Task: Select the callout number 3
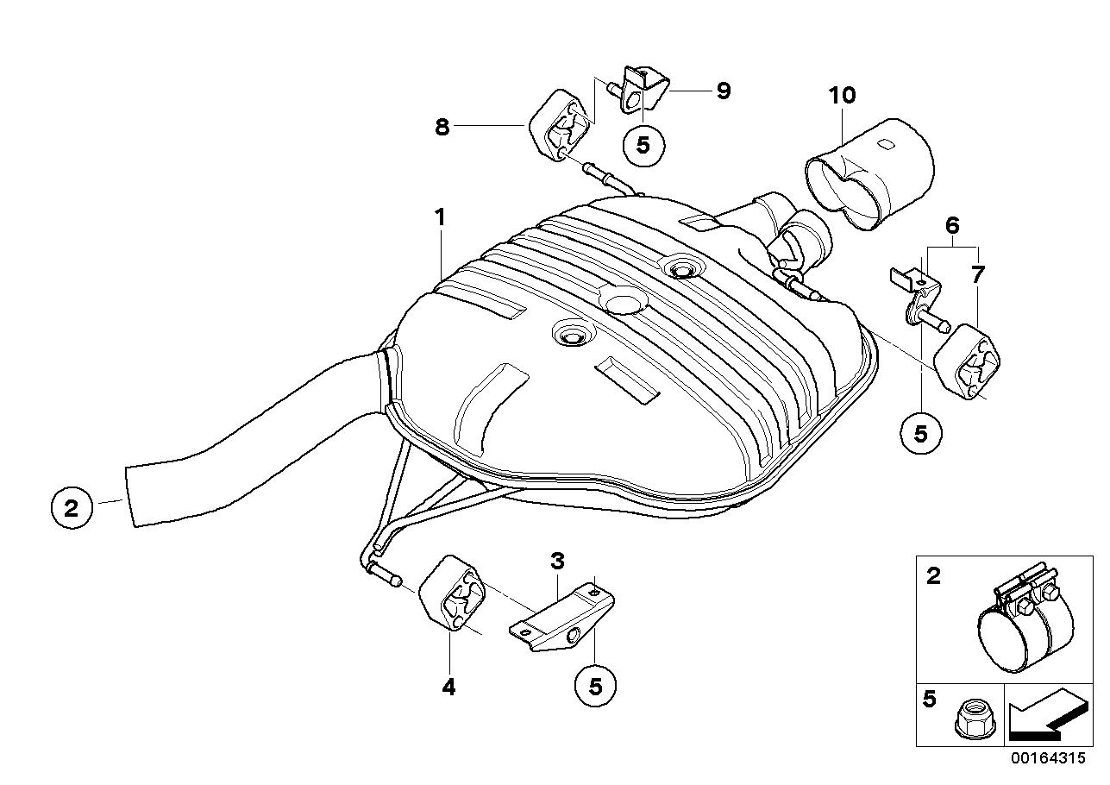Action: pos(558,562)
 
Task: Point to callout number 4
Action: pos(448,687)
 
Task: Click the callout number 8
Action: pos(442,127)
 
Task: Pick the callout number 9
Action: pos(723,91)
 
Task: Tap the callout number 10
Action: pos(842,95)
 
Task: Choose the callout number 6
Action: pos(952,226)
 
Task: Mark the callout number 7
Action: pos(977,275)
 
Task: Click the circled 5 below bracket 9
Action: pos(643,145)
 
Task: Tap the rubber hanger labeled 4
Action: pos(452,596)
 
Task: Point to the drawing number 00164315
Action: pos(1050,759)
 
